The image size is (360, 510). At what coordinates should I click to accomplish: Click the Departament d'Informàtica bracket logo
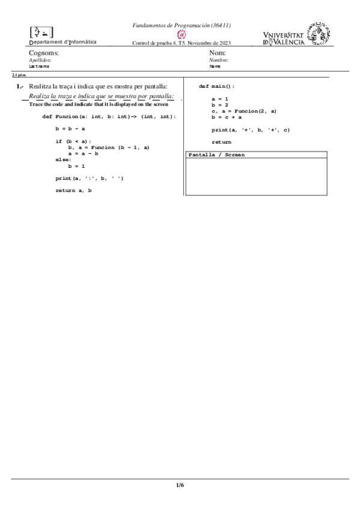41,32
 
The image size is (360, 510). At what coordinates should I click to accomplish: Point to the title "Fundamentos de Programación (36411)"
182,25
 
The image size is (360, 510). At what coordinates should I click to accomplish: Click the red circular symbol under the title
182,34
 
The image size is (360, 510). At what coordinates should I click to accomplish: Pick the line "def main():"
216,87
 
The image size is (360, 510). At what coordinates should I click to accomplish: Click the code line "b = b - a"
70,129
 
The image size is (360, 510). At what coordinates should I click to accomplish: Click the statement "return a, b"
73,191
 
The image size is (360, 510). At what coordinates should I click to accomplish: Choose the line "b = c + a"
227,117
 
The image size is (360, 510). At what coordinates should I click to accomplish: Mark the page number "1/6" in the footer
180,485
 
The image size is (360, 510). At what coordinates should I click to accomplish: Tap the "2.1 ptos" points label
19,75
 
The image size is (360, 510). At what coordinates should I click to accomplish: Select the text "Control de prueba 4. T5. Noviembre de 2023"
182,43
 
